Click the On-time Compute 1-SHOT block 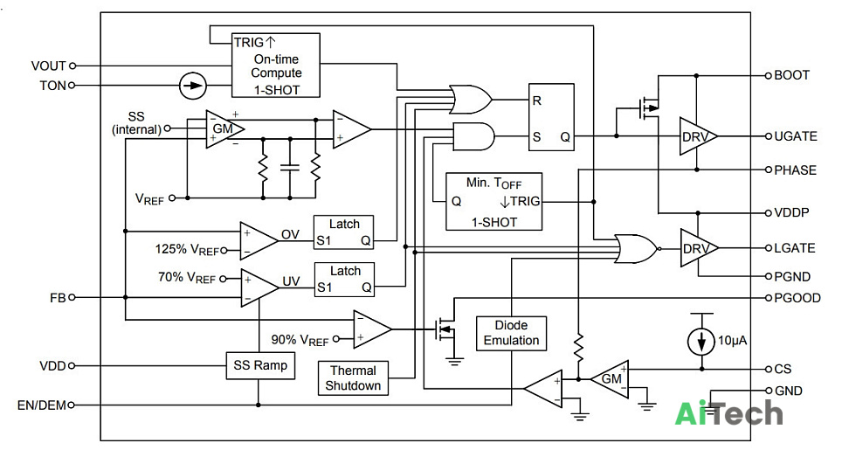(x=276, y=66)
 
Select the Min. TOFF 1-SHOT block (x=494, y=201)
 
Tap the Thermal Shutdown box (x=353, y=378)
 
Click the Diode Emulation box (x=511, y=333)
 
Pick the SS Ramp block (x=260, y=366)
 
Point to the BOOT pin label (x=791, y=75)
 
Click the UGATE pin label (x=796, y=136)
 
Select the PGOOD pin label (x=797, y=298)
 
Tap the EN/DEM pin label (x=42, y=405)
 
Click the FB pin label (x=58, y=297)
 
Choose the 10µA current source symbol (x=701, y=341)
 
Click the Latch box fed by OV (x=343, y=232)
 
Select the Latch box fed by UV (x=344, y=280)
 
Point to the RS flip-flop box (x=551, y=117)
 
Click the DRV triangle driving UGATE (x=698, y=136)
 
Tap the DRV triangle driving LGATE (x=699, y=248)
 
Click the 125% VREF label (x=188, y=250)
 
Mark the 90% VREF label (x=300, y=340)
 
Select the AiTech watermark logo (x=728, y=413)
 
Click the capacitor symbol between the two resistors (x=290, y=168)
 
